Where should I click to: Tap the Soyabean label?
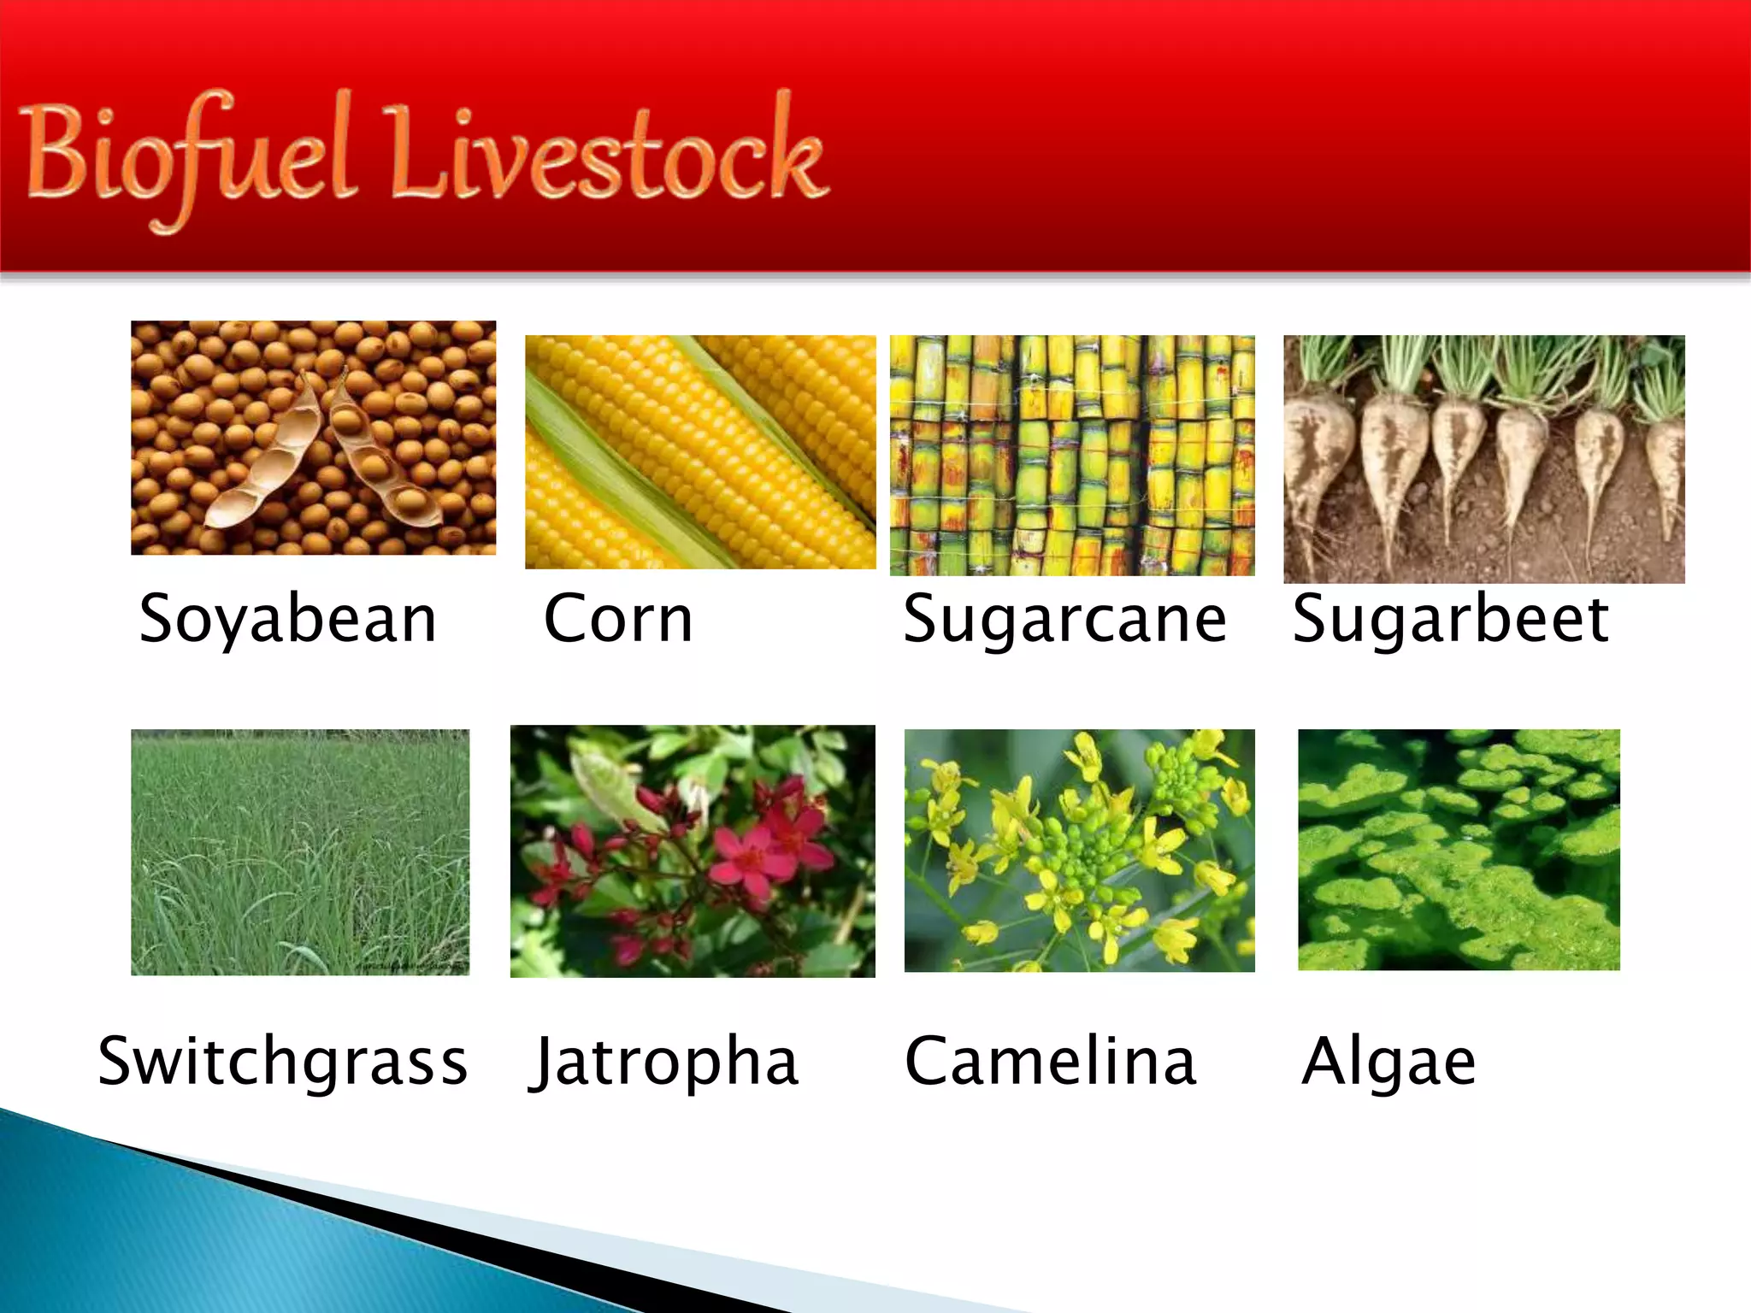tap(288, 619)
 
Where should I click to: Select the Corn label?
tap(618, 619)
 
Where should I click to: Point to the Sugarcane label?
tap(1064, 619)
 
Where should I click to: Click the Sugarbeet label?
tap(1450, 619)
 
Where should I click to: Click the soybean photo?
tap(313, 438)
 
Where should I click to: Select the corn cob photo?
tap(700, 451)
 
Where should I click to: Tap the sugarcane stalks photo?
tap(1072, 455)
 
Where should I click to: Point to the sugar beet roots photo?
tap(1484, 459)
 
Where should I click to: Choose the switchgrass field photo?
tap(300, 851)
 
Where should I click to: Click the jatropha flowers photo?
tap(693, 851)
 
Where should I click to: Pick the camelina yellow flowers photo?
tap(1079, 851)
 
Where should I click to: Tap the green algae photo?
tap(1459, 850)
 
